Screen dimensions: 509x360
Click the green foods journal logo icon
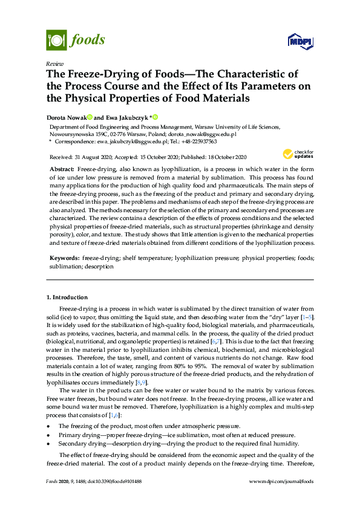click(x=55, y=41)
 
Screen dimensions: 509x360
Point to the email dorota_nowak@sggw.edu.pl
click(x=211, y=135)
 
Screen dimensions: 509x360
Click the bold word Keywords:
click(x=64, y=258)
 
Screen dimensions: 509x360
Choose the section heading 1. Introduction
click(x=67, y=297)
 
